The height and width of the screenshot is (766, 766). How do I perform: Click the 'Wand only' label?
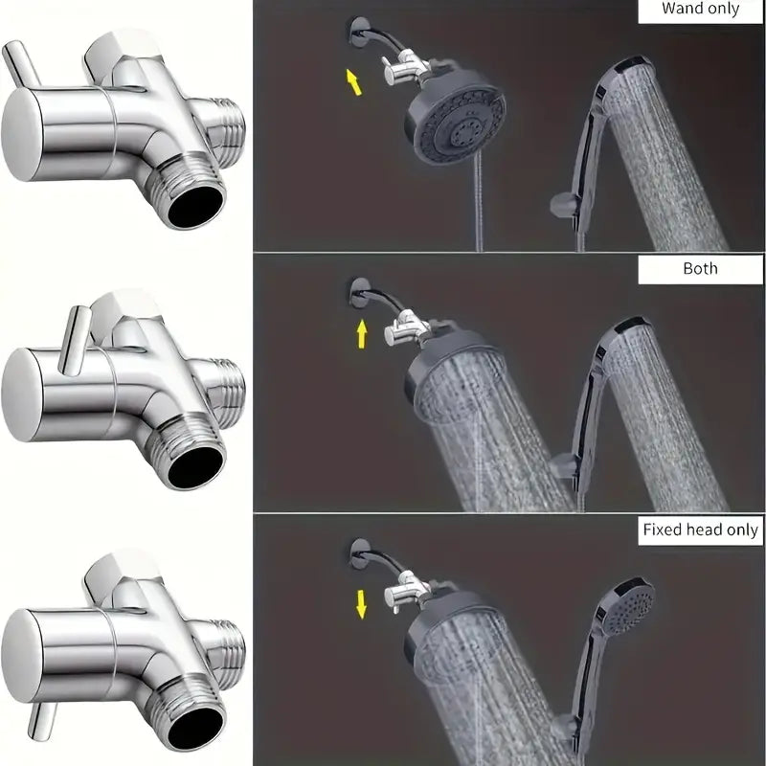(x=700, y=9)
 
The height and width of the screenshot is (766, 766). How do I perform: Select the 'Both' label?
(x=700, y=268)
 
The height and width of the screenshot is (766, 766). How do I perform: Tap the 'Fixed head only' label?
(x=700, y=529)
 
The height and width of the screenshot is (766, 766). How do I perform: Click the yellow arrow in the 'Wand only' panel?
(x=353, y=81)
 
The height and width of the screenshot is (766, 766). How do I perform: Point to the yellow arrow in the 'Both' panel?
(x=362, y=334)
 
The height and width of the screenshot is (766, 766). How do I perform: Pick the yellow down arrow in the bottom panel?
(x=361, y=604)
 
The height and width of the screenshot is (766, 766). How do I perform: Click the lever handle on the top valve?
(x=21, y=65)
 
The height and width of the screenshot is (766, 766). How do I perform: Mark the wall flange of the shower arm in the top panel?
(x=360, y=32)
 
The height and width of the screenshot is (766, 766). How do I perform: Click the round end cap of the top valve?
(x=20, y=134)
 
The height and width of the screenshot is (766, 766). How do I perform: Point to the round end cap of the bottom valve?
(x=20, y=656)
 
